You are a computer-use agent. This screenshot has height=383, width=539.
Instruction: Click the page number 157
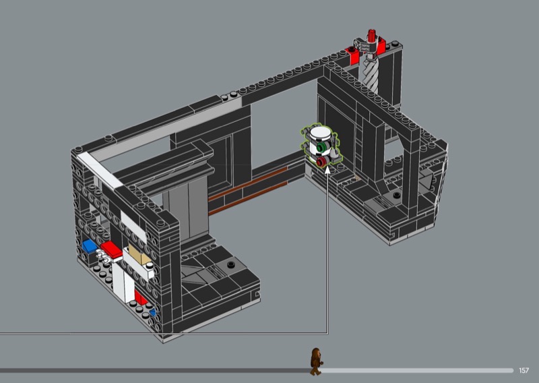tap(524, 370)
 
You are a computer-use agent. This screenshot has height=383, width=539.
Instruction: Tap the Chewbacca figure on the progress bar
tap(316, 361)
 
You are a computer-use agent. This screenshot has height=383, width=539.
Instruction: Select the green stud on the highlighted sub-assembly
tap(321, 148)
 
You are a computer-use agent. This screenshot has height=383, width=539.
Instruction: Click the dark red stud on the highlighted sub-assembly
tap(321, 162)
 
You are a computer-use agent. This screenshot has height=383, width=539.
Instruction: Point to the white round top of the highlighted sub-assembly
tap(320, 131)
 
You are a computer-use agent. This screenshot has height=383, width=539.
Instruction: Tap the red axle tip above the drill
tap(371, 35)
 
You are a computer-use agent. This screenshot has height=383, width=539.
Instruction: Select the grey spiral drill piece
tap(370, 75)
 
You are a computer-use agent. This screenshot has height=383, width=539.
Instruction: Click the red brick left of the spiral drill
tap(353, 55)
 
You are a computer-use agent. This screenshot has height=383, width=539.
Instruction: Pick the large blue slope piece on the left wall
tap(90, 246)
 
